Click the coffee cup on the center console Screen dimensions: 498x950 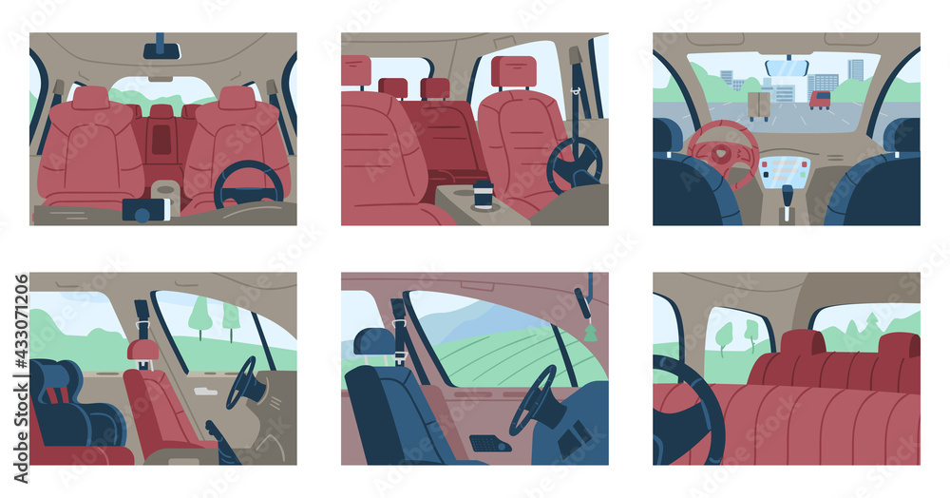(484, 194)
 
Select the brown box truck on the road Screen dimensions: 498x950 (759, 105)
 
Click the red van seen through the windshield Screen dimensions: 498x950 (819, 99)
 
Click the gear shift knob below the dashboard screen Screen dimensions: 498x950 (787, 196)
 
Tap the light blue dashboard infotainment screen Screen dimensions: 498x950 (785, 171)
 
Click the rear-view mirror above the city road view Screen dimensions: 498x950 (787, 67)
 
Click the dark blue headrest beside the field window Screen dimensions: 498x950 (374, 341)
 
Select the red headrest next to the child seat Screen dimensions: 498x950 (143, 350)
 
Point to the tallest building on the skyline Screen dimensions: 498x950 (856, 69)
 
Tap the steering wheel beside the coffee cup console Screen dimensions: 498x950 (575, 164)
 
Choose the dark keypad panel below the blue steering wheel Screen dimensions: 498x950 (490, 443)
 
